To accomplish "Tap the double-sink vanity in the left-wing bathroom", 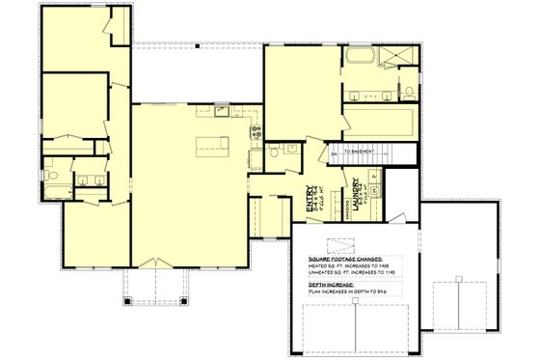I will (91, 180).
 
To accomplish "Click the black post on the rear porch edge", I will (197, 44).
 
